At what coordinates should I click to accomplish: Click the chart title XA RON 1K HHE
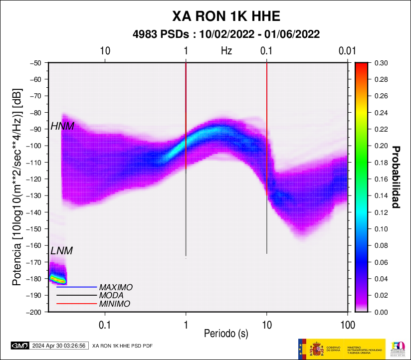tap(226, 16)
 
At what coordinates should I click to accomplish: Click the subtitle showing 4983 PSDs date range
tap(226, 34)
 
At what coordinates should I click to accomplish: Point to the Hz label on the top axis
tap(226, 50)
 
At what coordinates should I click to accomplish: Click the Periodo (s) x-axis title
tap(226, 333)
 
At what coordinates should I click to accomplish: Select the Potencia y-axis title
tap(17, 187)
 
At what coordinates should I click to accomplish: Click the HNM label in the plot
tap(62, 126)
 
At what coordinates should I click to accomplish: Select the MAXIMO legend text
tap(116, 288)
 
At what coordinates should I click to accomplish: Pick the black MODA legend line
tap(76, 295)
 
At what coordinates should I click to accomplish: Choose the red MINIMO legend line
tap(76, 303)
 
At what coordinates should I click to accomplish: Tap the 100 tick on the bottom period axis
tap(347, 325)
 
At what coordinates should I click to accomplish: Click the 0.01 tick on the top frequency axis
tap(347, 50)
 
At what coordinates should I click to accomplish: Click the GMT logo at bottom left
tap(20, 345)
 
